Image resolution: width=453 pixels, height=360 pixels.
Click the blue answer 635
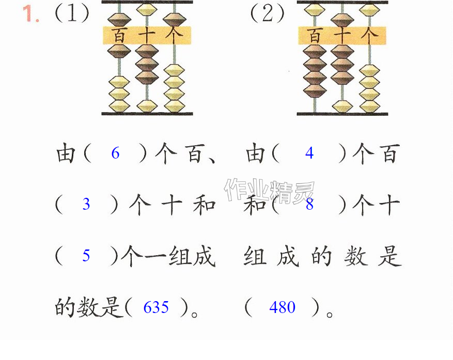pos(156,307)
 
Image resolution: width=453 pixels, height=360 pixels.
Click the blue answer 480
pos(282,307)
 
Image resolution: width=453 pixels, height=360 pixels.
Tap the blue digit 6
pos(115,153)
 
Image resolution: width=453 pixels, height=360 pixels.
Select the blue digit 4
pos(309,153)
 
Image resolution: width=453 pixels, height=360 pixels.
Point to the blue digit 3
pos(86,204)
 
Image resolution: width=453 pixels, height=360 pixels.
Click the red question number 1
pos(30,14)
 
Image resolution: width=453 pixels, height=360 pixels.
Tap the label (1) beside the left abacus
pos(72,13)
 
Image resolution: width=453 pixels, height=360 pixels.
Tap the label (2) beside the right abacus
pos(267,13)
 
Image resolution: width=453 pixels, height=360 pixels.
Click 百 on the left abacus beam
pos(119,36)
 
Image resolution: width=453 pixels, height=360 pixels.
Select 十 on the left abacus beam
pos(147,36)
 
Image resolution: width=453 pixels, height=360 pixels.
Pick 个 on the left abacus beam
pos(174,36)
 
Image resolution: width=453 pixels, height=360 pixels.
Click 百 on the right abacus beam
pos(315,36)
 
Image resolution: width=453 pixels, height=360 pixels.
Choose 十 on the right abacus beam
pos(342,36)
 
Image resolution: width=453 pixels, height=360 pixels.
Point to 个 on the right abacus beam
pos(369,36)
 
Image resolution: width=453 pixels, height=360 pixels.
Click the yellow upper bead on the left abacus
pos(147,9)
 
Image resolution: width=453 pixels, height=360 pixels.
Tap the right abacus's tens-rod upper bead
pos(342,20)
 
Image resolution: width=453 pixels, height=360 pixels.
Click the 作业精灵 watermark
pos(269,191)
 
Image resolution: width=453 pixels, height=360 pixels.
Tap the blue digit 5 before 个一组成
pos(86,256)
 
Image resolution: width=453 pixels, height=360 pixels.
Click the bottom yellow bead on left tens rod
pos(147,106)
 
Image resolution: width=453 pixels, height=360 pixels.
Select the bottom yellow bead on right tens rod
pos(342,106)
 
